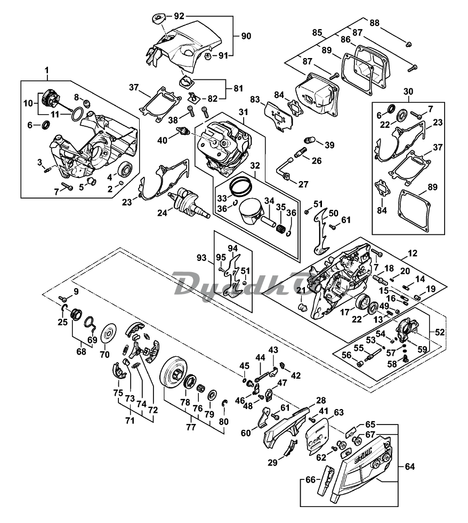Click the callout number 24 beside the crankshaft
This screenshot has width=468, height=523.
click(x=162, y=212)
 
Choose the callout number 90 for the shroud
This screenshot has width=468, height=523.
click(x=246, y=36)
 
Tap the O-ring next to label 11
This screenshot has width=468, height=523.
click(x=77, y=114)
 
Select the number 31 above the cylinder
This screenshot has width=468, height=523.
click(x=244, y=112)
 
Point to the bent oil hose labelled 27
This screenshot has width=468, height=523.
click(x=283, y=169)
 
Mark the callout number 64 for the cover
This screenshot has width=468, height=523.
click(x=409, y=467)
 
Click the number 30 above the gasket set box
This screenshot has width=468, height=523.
click(x=408, y=91)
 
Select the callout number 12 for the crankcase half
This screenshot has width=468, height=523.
click(x=413, y=253)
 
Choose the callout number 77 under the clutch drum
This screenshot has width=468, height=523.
click(x=191, y=427)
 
